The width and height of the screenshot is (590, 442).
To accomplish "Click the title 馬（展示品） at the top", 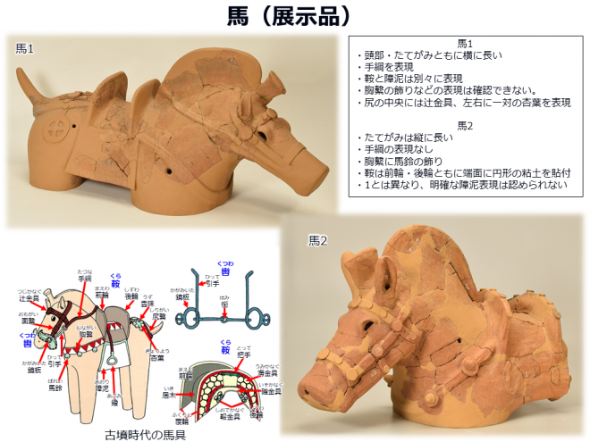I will tap(295, 15).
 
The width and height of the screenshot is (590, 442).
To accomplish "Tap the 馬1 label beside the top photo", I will tap(26, 48).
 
